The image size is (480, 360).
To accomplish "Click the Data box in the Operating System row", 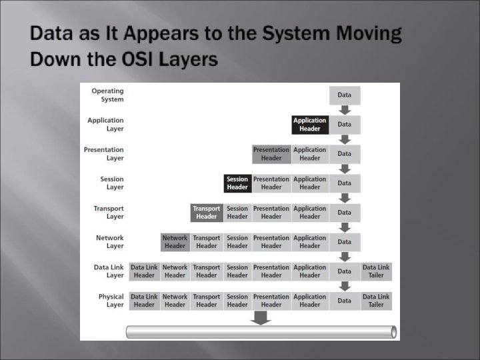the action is click(x=345, y=95).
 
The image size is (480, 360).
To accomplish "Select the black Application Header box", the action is click(x=309, y=125).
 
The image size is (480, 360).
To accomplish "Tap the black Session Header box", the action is click(x=237, y=183).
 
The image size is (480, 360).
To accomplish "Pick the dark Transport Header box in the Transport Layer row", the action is click(x=206, y=213).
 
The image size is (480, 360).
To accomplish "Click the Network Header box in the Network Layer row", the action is click(x=175, y=242).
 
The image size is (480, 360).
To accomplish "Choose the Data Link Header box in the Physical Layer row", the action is click(x=144, y=301).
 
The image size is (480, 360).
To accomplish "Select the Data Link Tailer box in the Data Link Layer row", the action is click(x=376, y=271).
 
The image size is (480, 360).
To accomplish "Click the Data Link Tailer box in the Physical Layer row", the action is click(x=376, y=301).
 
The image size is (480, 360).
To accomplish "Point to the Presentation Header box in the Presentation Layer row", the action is click(x=271, y=154).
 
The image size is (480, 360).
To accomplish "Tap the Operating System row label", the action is click(x=107, y=95).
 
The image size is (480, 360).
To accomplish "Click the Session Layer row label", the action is click(x=112, y=183).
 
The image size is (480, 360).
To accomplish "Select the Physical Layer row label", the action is click(x=111, y=301).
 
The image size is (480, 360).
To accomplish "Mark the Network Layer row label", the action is click(x=110, y=242).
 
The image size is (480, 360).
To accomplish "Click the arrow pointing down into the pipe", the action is click(x=261, y=318).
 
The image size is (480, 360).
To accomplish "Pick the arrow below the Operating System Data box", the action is click(x=345, y=110).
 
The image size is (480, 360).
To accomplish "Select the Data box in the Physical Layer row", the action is click(x=345, y=301).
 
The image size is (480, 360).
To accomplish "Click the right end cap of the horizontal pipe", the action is click(x=393, y=331).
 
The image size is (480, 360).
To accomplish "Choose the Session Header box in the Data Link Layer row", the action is click(x=237, y=271).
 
